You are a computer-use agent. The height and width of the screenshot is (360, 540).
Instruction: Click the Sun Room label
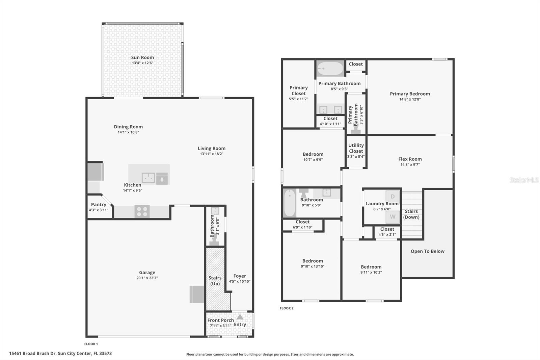point(142,57)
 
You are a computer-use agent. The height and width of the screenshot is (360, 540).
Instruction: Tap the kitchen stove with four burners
point(142,212)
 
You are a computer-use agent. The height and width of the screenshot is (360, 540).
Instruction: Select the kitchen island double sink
point(148,178)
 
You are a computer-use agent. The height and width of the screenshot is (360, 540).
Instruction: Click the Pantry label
point(99,204)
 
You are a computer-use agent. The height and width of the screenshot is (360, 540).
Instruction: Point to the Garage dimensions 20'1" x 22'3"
point(147,278)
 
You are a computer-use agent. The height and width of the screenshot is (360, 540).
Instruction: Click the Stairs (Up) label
point(215,281)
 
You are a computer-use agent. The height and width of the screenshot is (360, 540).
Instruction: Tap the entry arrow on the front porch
point(240,317)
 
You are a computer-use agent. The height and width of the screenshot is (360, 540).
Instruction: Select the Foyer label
point(240,276)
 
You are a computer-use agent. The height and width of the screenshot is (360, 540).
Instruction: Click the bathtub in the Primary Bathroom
point(330,69)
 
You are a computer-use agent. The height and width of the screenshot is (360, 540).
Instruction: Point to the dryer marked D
point(393,197)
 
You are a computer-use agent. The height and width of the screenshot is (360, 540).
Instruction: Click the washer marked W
point(393,217)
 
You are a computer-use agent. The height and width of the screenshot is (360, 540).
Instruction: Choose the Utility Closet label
point(356,148)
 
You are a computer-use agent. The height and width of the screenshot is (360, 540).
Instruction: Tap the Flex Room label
point(410,159)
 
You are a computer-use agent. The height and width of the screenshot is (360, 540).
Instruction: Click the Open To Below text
point(427,251)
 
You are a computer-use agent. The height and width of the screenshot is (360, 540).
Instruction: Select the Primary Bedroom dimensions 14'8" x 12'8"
point(410,99)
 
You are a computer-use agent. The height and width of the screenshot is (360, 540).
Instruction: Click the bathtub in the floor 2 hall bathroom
point(290,203)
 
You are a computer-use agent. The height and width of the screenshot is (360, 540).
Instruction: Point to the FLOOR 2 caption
point(287,308)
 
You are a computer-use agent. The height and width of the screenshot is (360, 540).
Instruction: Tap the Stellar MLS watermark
point(524,180)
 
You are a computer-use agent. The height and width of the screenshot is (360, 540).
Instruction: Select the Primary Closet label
point(299,91)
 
